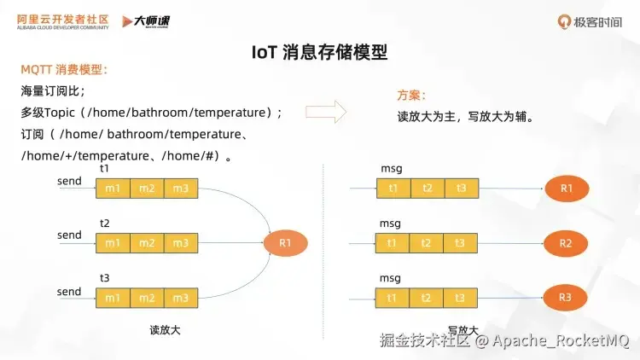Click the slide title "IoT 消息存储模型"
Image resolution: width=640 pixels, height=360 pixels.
(320, 53)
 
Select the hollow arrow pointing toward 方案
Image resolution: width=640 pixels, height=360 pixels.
(325, 112)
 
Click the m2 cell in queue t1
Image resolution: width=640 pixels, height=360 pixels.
(147, 188)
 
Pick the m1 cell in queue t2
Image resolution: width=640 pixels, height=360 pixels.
(113, 243)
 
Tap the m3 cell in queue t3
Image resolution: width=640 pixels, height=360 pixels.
(180, 298)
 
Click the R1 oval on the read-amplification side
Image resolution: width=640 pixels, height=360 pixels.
(286, 243)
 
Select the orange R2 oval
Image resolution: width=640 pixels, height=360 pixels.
(566, 243)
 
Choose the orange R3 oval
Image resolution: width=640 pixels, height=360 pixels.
(566, 297)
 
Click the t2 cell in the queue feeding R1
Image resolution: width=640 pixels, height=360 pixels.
(427, 188)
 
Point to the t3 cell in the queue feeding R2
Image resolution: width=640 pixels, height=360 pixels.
(461, 243)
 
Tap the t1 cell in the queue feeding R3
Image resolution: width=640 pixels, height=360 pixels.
(393, 298)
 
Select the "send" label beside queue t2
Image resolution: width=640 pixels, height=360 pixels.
(69, 235)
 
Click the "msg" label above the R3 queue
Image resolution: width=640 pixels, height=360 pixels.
(390, 279)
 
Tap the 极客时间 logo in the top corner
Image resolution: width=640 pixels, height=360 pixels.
(591, 21)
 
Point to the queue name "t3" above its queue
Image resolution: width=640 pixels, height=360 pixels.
(105, 279)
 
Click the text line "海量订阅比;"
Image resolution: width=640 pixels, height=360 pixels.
(52, 91)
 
